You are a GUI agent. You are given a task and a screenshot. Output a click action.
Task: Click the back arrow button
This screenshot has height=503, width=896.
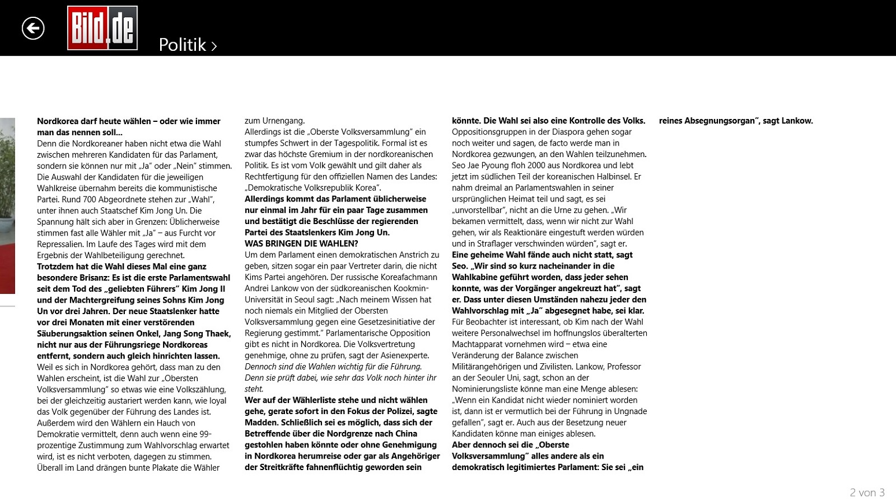(33, 28)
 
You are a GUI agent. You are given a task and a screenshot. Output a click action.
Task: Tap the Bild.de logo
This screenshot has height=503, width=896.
(102, 28)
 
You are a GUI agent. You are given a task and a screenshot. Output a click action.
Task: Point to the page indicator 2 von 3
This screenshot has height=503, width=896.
(867, 493)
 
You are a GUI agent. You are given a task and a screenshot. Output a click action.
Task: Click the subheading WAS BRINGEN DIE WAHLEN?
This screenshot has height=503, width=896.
(301, 244)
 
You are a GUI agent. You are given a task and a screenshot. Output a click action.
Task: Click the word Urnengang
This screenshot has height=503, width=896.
(283, 121)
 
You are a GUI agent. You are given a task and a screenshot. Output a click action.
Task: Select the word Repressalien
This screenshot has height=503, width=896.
(61, 244)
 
